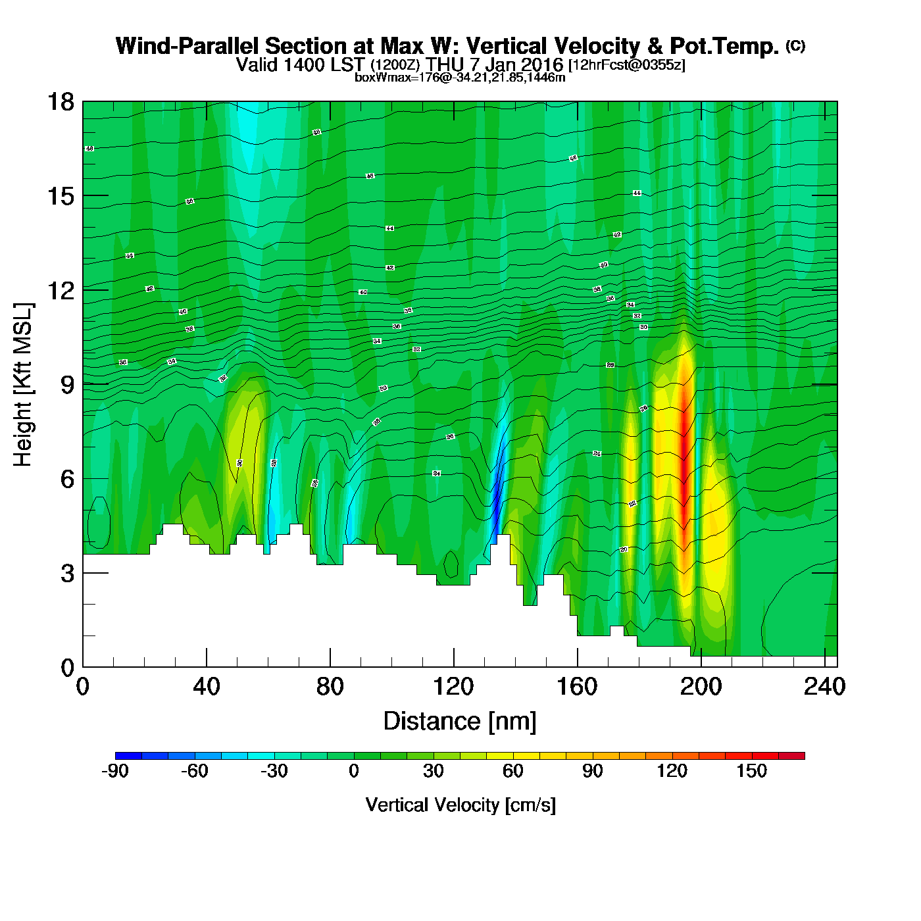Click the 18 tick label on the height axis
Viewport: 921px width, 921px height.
[60, 102]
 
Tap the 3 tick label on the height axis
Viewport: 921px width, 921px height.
[67, 574]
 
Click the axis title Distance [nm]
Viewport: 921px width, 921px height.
[460, 722]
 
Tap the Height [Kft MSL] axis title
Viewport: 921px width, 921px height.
[23, 385]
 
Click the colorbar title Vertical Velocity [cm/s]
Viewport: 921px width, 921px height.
[460, 805]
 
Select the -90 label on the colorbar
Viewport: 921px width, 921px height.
[115, 771]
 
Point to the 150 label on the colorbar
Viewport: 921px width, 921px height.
[751, 771]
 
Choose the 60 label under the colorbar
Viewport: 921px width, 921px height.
[512, 771]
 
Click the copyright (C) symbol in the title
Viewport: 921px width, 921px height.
[795, 45]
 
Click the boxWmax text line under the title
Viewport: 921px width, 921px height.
[460, 78]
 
